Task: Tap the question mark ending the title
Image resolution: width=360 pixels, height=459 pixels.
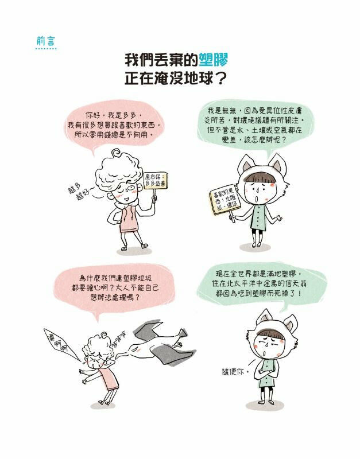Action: tap(231, 79)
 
